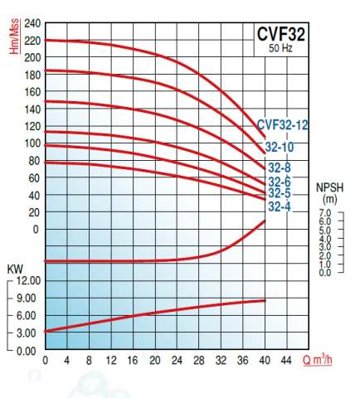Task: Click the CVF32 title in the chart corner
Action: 280,35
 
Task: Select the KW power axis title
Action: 14,270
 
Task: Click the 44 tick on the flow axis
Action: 287,361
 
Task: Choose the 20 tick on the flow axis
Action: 155,361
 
